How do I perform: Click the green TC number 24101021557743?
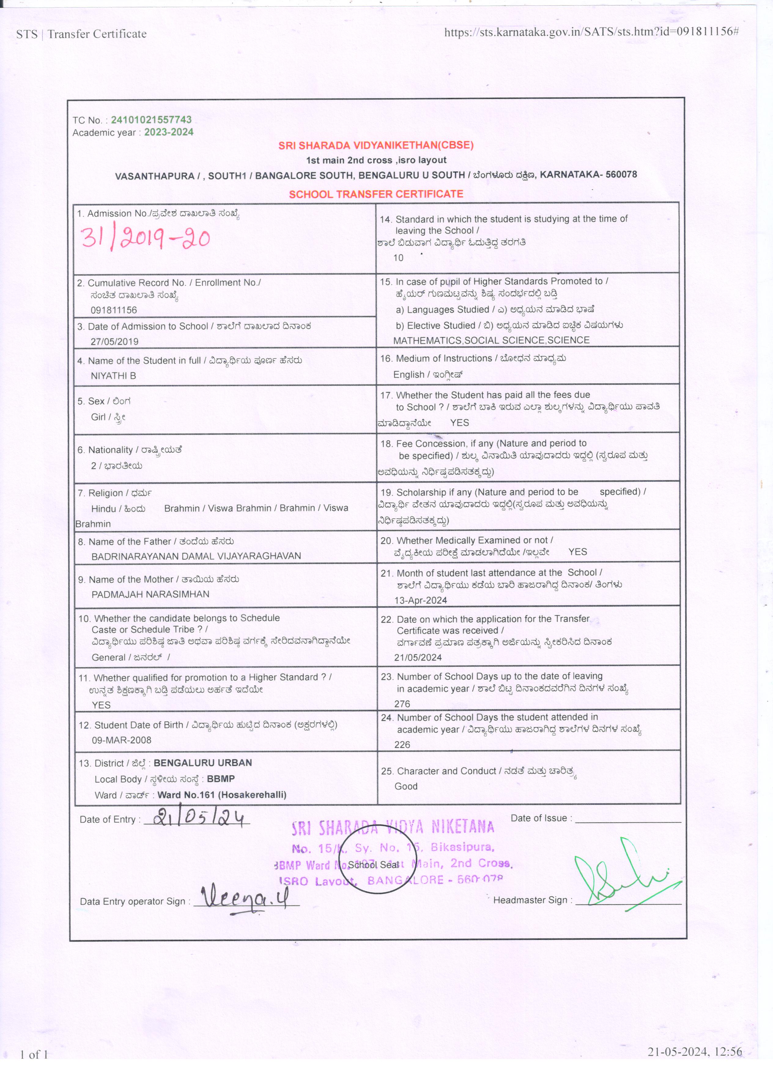(151, 120)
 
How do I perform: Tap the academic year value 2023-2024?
(169, 132)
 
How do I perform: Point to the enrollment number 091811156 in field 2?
(113, 310)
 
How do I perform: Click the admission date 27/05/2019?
(114, 341)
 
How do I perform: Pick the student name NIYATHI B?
(113, 376)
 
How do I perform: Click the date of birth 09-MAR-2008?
(121, 740)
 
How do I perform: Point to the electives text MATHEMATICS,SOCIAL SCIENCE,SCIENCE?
(491, 340)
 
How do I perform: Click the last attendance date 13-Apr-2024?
(421, 600)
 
